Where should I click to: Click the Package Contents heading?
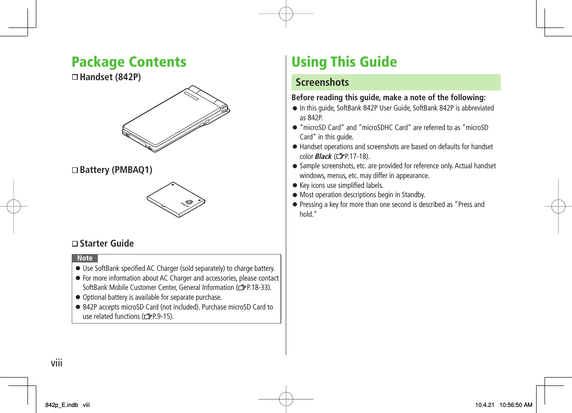(129, 62)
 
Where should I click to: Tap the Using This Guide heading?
(344, 62)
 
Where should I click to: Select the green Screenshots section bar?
(395, 83)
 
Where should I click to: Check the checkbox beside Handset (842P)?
(75, 77)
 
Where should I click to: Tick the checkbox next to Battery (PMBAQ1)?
(75, 170)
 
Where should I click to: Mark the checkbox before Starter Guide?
(75, 244)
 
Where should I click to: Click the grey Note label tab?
(85, 258)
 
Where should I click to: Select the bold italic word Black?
(323, 157)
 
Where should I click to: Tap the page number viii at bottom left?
(56, 363)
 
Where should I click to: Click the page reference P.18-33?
(253, 288)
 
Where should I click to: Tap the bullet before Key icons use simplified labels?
(294, 186)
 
